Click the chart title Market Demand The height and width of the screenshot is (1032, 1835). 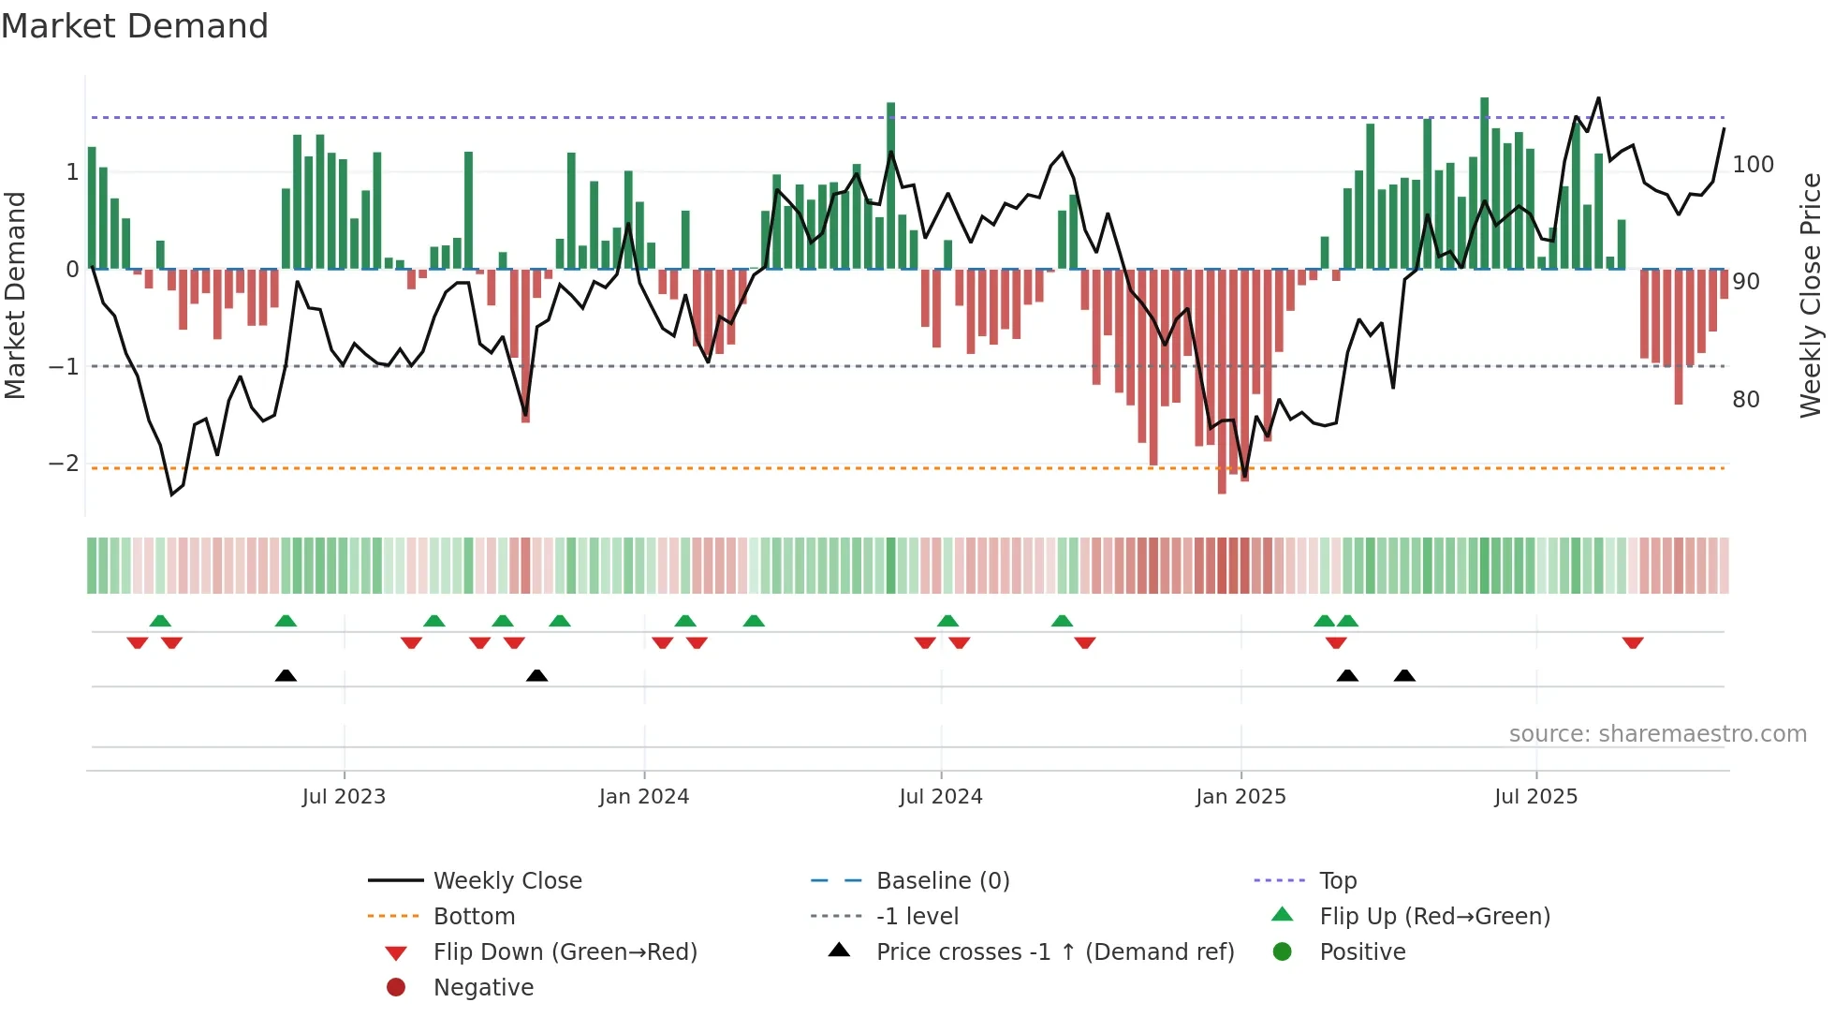(135, 26)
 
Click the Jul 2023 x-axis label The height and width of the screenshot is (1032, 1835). (344, 797)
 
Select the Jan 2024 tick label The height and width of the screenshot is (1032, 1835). (643, 797)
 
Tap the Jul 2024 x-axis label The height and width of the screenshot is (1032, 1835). (940, 797)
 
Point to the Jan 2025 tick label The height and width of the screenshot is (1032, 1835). (1240, 797)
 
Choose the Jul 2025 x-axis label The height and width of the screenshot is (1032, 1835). (1535, 797)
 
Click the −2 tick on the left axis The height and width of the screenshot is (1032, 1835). (64, 464)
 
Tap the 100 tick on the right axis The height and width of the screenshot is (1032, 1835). (1753, 165)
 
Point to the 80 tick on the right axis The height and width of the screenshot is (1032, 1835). (1745, 400)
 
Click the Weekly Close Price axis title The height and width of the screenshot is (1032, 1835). (1811, 295)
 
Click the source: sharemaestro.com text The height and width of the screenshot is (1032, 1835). (1657, 734)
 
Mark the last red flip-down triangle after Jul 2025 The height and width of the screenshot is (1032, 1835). (1633, 643)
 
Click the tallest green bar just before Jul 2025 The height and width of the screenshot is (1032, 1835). (1484, 183)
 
